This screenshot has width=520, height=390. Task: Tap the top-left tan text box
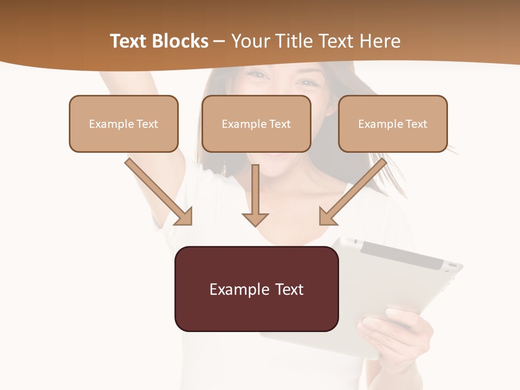(x=123, y=123)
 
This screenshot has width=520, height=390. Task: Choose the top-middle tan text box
(x=256, y=123)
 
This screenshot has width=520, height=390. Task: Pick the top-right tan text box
(x=393, y=123)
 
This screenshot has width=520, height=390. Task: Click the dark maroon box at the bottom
(x=256, y=289)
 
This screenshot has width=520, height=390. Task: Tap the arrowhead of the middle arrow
(x=255, y=218)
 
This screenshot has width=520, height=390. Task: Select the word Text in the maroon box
(x=289, y=289)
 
